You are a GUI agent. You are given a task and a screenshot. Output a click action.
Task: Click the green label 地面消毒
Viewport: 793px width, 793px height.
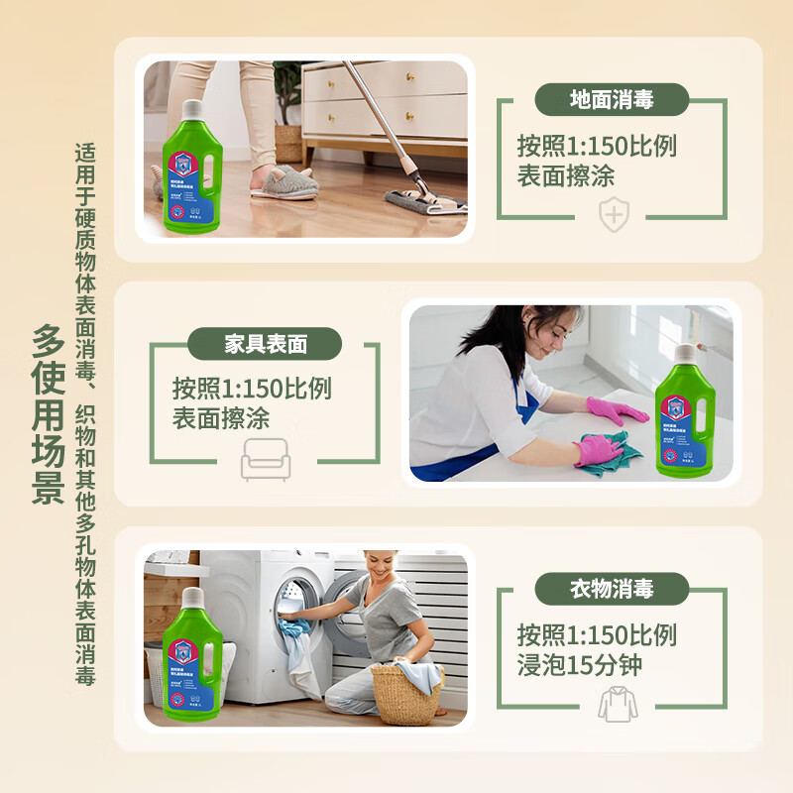(x=612, y=100)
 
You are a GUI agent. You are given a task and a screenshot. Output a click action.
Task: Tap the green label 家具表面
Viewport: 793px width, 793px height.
(x=265, y=344)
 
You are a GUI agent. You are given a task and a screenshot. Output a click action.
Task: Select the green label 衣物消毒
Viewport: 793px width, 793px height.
(x=612, y=589)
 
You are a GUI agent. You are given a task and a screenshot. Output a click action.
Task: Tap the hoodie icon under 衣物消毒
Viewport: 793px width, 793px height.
(x=618, y=702)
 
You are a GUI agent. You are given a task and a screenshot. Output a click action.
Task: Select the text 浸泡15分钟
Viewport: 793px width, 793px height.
(x=579, y=664)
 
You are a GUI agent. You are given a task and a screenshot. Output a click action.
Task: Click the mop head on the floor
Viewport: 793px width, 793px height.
(x=426, y=201)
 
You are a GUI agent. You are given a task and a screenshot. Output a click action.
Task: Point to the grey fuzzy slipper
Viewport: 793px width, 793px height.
(x=283, y=181)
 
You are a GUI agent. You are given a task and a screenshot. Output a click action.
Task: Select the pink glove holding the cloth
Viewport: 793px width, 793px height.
(x=598, y=452)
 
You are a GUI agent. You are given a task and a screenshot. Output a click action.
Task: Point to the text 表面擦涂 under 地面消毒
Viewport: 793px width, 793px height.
(x=566, y=175)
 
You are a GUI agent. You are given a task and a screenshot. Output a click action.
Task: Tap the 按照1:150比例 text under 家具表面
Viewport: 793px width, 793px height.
(x=252, y=388)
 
